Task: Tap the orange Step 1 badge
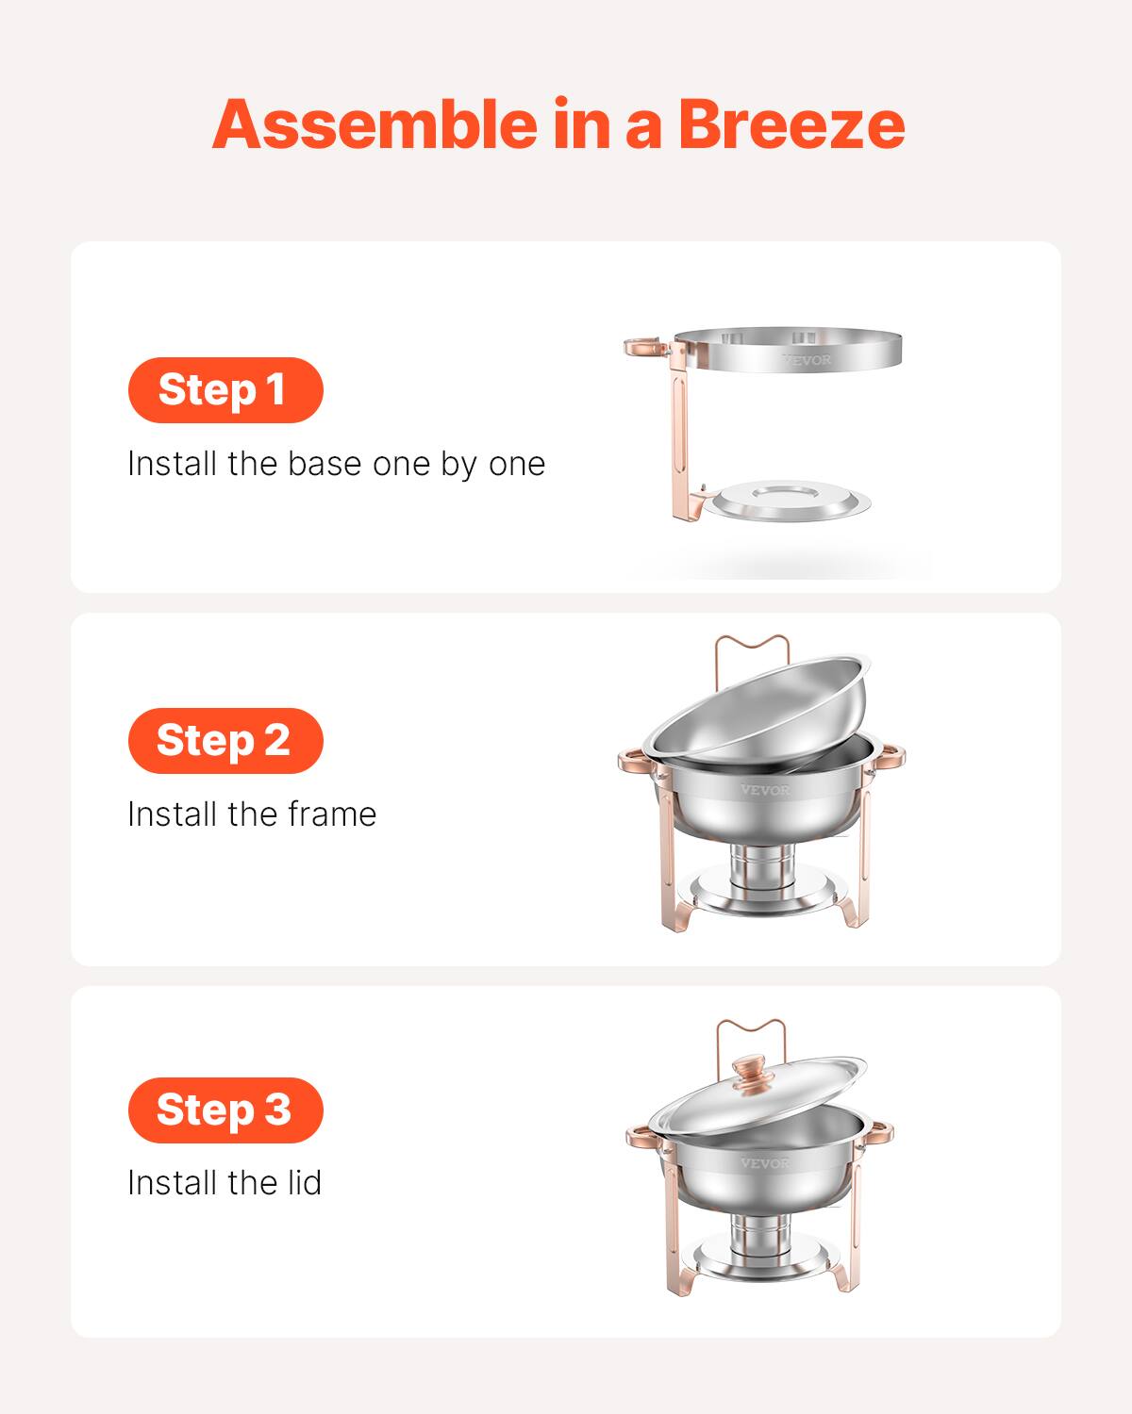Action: [225, 389]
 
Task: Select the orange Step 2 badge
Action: [225, 740]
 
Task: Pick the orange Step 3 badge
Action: [225, 1110]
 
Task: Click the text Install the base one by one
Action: [336, 464]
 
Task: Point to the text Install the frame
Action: [252, 814]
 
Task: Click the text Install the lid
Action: [225, 1182]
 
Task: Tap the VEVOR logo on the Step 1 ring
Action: [807, 359]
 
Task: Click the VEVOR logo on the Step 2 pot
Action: [765, 790]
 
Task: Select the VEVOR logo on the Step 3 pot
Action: [764, 1163]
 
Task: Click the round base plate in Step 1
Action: [789, 501]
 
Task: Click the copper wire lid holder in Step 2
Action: [751, 647]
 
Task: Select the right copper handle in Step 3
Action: [881, 1128]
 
